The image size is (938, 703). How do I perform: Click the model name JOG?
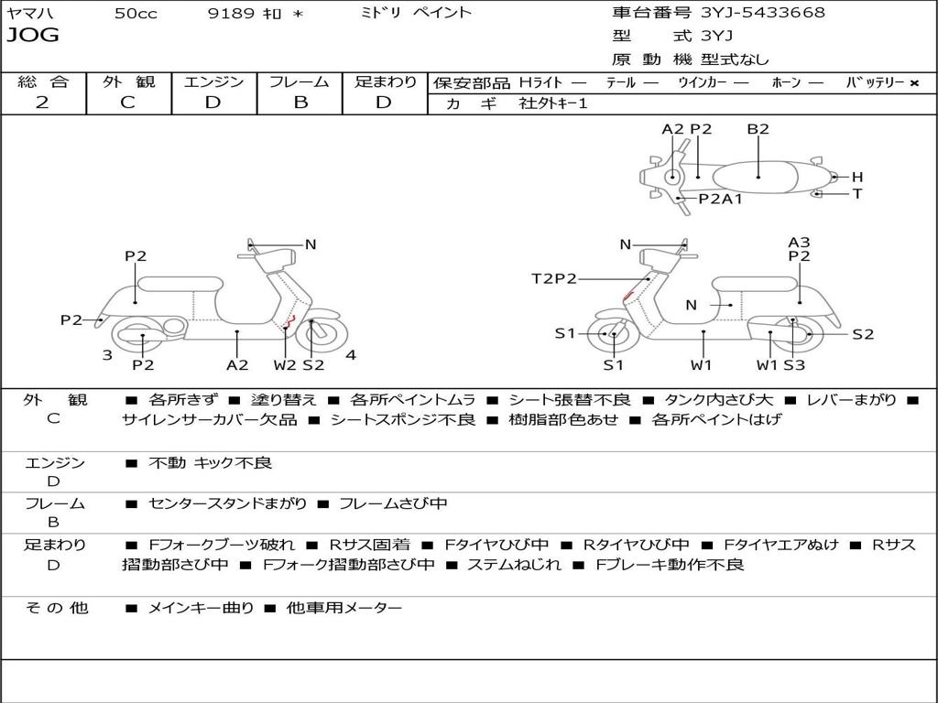pyautogui.click(x=32, y=36)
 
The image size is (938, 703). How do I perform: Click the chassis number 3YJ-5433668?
pyautogui.click(x=762, y=13)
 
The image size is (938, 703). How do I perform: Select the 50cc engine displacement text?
pyautogui.click(x=136, y=14)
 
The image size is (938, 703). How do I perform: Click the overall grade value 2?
pyautogui.click(x=42, y=103)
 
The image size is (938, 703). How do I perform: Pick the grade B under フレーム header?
pyautogui.click(x=300, y=103)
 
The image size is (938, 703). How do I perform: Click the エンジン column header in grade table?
pyautogui.click(x=213, y=81)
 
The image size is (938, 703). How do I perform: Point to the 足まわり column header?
pyautogui.click(x=385, y=81)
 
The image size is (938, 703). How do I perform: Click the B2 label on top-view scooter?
pyautogui.click(x=758, y=129)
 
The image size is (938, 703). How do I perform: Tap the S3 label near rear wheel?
pyautogui.click(x=793, y=365)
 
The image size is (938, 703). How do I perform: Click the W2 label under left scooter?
pyautogui.click(x=285, y=365)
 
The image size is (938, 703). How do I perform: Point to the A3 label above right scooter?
pyautogui.click(x=799, y=243)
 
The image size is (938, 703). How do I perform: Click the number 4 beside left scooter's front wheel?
pyautogui.click(x=350, y=355)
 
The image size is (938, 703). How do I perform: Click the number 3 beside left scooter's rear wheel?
pyautogui.click(x=107, y=355)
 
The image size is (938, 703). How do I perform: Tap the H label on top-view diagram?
pyautogui.click(x=857, y=177)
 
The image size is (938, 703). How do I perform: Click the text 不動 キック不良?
pyautogui.click(x=210, y=463)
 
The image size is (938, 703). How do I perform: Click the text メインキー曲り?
pyautogui.click(x=201, y=608)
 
